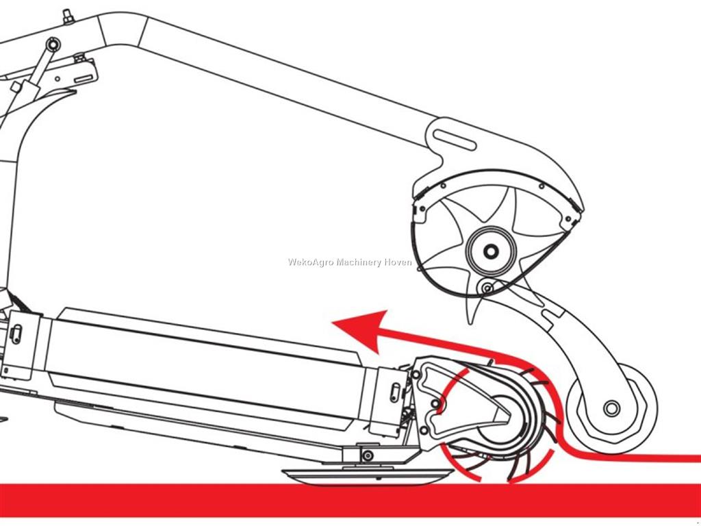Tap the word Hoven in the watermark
[398, 262]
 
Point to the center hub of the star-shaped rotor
[491, 251]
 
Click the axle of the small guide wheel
[611, 408]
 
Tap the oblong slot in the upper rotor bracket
[455, 140]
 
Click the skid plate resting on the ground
[368, 476]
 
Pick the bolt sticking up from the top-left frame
[68, 16]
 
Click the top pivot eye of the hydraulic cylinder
[53, 45]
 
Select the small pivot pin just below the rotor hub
[487, 288]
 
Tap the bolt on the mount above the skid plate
[368, 455]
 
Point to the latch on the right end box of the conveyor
[395, 392]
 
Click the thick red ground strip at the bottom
[350, 500]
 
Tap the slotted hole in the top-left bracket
[84, 78]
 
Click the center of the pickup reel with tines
[496, 418]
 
